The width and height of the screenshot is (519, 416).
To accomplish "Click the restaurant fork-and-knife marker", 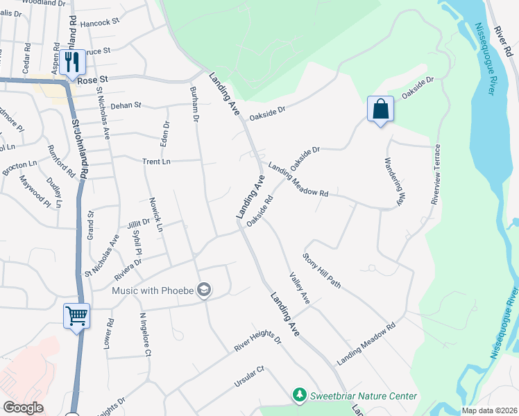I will tap(71, 62).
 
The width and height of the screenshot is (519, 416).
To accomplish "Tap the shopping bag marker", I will tap(380, 109).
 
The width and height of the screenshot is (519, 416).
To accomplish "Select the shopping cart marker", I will tap(76, 316).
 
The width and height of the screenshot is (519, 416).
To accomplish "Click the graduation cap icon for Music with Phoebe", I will tap(204, 290).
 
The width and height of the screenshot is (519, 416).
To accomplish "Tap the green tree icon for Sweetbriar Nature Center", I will tap(299, 395).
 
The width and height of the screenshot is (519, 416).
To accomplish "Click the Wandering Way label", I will tap(393, 181).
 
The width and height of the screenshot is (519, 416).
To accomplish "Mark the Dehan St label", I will tap(126, 105).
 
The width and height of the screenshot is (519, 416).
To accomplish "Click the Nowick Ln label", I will tap(155, 214).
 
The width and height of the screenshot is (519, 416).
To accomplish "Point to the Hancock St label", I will tap(101, 23).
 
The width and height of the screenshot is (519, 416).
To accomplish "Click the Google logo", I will tap(24, 407).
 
